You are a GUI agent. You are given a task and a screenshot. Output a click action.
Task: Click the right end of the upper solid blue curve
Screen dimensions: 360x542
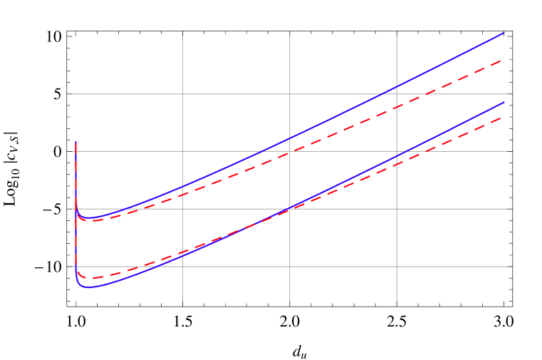click(504, 33)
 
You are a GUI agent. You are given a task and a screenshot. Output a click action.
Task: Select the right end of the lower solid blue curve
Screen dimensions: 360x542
click(504, 102)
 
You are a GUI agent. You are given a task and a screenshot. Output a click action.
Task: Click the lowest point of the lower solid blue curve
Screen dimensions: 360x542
click(89, 287)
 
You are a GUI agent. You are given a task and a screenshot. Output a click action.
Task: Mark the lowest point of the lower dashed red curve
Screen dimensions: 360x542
click(90, 278)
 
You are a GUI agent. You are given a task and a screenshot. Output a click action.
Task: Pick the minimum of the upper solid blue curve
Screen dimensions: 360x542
click(90, 217)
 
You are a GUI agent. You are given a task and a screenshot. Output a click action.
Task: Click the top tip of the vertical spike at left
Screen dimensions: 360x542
click(76, 143)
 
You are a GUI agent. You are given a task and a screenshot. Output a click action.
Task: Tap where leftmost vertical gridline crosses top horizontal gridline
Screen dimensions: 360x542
click(183, 94)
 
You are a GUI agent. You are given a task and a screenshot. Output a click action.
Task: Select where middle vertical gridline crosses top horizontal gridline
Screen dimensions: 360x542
click(290, 94)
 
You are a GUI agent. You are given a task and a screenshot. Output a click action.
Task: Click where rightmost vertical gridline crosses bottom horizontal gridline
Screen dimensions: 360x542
click(397, 267)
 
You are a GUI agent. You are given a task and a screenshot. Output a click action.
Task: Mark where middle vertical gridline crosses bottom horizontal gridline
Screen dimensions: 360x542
click(290, 267)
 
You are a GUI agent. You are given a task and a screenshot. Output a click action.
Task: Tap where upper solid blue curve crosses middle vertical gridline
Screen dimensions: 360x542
click(290, 138)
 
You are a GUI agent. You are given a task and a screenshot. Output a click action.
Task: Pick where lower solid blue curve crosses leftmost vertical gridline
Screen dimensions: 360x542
click(183, 257)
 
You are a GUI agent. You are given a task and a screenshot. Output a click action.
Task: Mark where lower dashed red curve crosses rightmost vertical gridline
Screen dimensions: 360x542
click(397, 164)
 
